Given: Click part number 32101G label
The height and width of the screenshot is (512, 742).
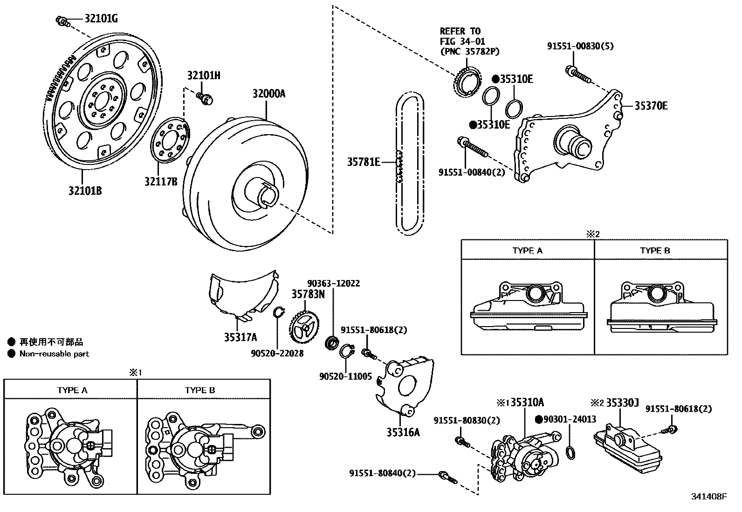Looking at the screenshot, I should pyautogui.click(x=101, y=19).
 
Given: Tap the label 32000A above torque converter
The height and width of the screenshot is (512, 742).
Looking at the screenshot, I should pyautogui.click(x=269, y=94).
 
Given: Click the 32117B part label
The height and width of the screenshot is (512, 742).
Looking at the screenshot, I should pyautogui.click(x=161, y=181).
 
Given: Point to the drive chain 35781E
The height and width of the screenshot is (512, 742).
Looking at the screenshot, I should pyautogui.click(x=410, y=163).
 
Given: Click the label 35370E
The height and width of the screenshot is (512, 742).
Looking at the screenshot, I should pyautogui.click(x=651, y=106).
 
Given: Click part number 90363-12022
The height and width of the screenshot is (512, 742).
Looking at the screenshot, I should pyautogui.click(x=333, y=283).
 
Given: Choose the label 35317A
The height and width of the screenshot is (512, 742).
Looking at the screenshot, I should pyautogui.click(x=241, y=337).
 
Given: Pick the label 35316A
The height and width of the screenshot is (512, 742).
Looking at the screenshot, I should pyautogui.click(x=403, y=432).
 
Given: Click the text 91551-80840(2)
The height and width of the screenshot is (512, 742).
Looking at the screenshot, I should pyautogui.click(x=382, y=473).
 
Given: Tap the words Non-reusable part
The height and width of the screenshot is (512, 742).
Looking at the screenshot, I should pyautogui.click(x=54, y=354).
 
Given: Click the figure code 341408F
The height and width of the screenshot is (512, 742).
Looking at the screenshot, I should pyautogui.click(x=708, y=497).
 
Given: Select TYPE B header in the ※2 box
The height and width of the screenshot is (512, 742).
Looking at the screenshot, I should pyautogui.click(x=655, y=250).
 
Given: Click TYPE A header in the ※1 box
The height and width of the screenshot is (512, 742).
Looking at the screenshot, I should pyautogui.click(x=72, y=390).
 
